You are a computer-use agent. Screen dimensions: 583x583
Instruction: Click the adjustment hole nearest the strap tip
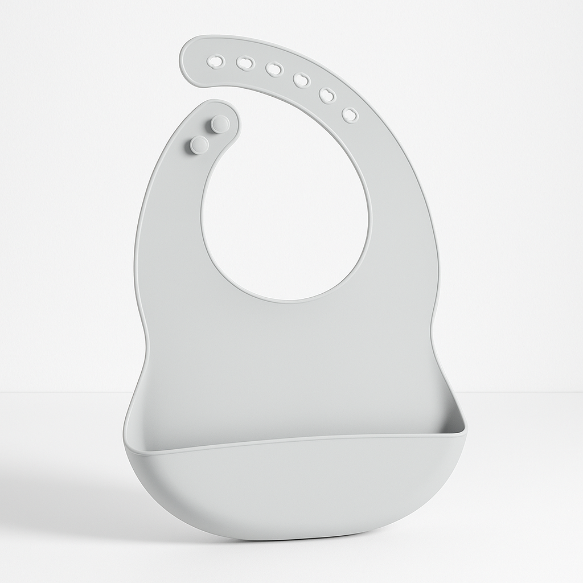coord(216,61)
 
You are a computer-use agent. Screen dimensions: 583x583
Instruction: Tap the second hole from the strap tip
coord(245,63)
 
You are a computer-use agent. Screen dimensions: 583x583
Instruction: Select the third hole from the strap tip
coord(274,69)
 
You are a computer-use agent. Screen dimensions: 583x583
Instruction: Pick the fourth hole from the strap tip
coord(301,80)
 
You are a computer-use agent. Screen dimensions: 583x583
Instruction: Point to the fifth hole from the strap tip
coord(327,95)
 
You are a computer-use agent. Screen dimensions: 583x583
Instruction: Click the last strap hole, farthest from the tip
coord(350,115)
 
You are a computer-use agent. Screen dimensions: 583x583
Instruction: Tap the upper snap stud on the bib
coord(220,124)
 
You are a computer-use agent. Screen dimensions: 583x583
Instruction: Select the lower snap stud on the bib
coord(199,145)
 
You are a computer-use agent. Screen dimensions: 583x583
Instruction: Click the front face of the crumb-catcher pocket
coord(290,490)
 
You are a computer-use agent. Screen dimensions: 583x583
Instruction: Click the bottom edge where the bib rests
coord(285,538)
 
